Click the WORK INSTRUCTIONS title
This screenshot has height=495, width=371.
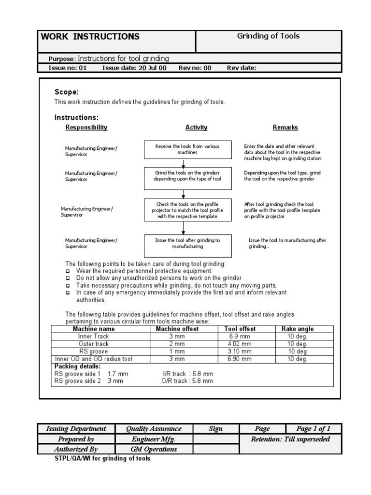point(90,37)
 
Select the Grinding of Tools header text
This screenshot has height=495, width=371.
point(268,36)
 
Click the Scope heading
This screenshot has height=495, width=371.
point(67,92)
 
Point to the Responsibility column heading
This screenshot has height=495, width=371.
point(86,128)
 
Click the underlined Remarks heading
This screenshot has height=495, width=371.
point(285,128)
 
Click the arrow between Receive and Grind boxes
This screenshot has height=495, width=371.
point(184,163)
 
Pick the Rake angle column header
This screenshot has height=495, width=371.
point(298,329)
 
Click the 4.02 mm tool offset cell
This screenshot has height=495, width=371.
point(240,344)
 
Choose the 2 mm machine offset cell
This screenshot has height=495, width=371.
point(177,344)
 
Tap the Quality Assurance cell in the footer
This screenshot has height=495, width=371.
point(154,429)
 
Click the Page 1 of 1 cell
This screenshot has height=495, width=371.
point(313,429)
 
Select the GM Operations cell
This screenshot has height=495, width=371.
point(154,449)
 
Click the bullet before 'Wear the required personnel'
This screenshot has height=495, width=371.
point(68,272)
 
